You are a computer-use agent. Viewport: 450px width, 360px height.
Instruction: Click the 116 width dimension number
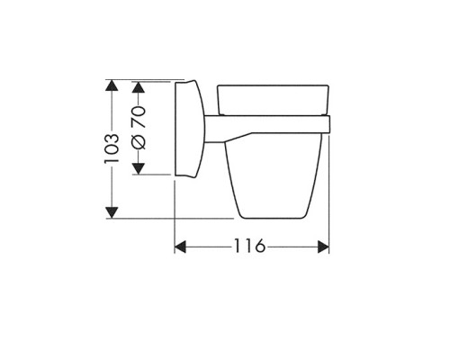249,246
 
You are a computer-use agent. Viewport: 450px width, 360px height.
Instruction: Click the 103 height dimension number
112,148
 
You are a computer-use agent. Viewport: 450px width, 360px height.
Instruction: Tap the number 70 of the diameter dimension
139,117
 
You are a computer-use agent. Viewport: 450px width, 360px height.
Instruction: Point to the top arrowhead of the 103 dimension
112,85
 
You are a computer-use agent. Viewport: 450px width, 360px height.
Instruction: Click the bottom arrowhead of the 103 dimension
112,212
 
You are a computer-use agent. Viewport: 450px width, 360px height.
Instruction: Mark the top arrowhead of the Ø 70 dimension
139,86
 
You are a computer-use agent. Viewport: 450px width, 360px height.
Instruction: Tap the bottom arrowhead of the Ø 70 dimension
139,168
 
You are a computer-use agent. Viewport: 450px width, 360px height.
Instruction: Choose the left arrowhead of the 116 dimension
180,247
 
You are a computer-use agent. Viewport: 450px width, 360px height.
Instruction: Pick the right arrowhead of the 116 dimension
323,247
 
